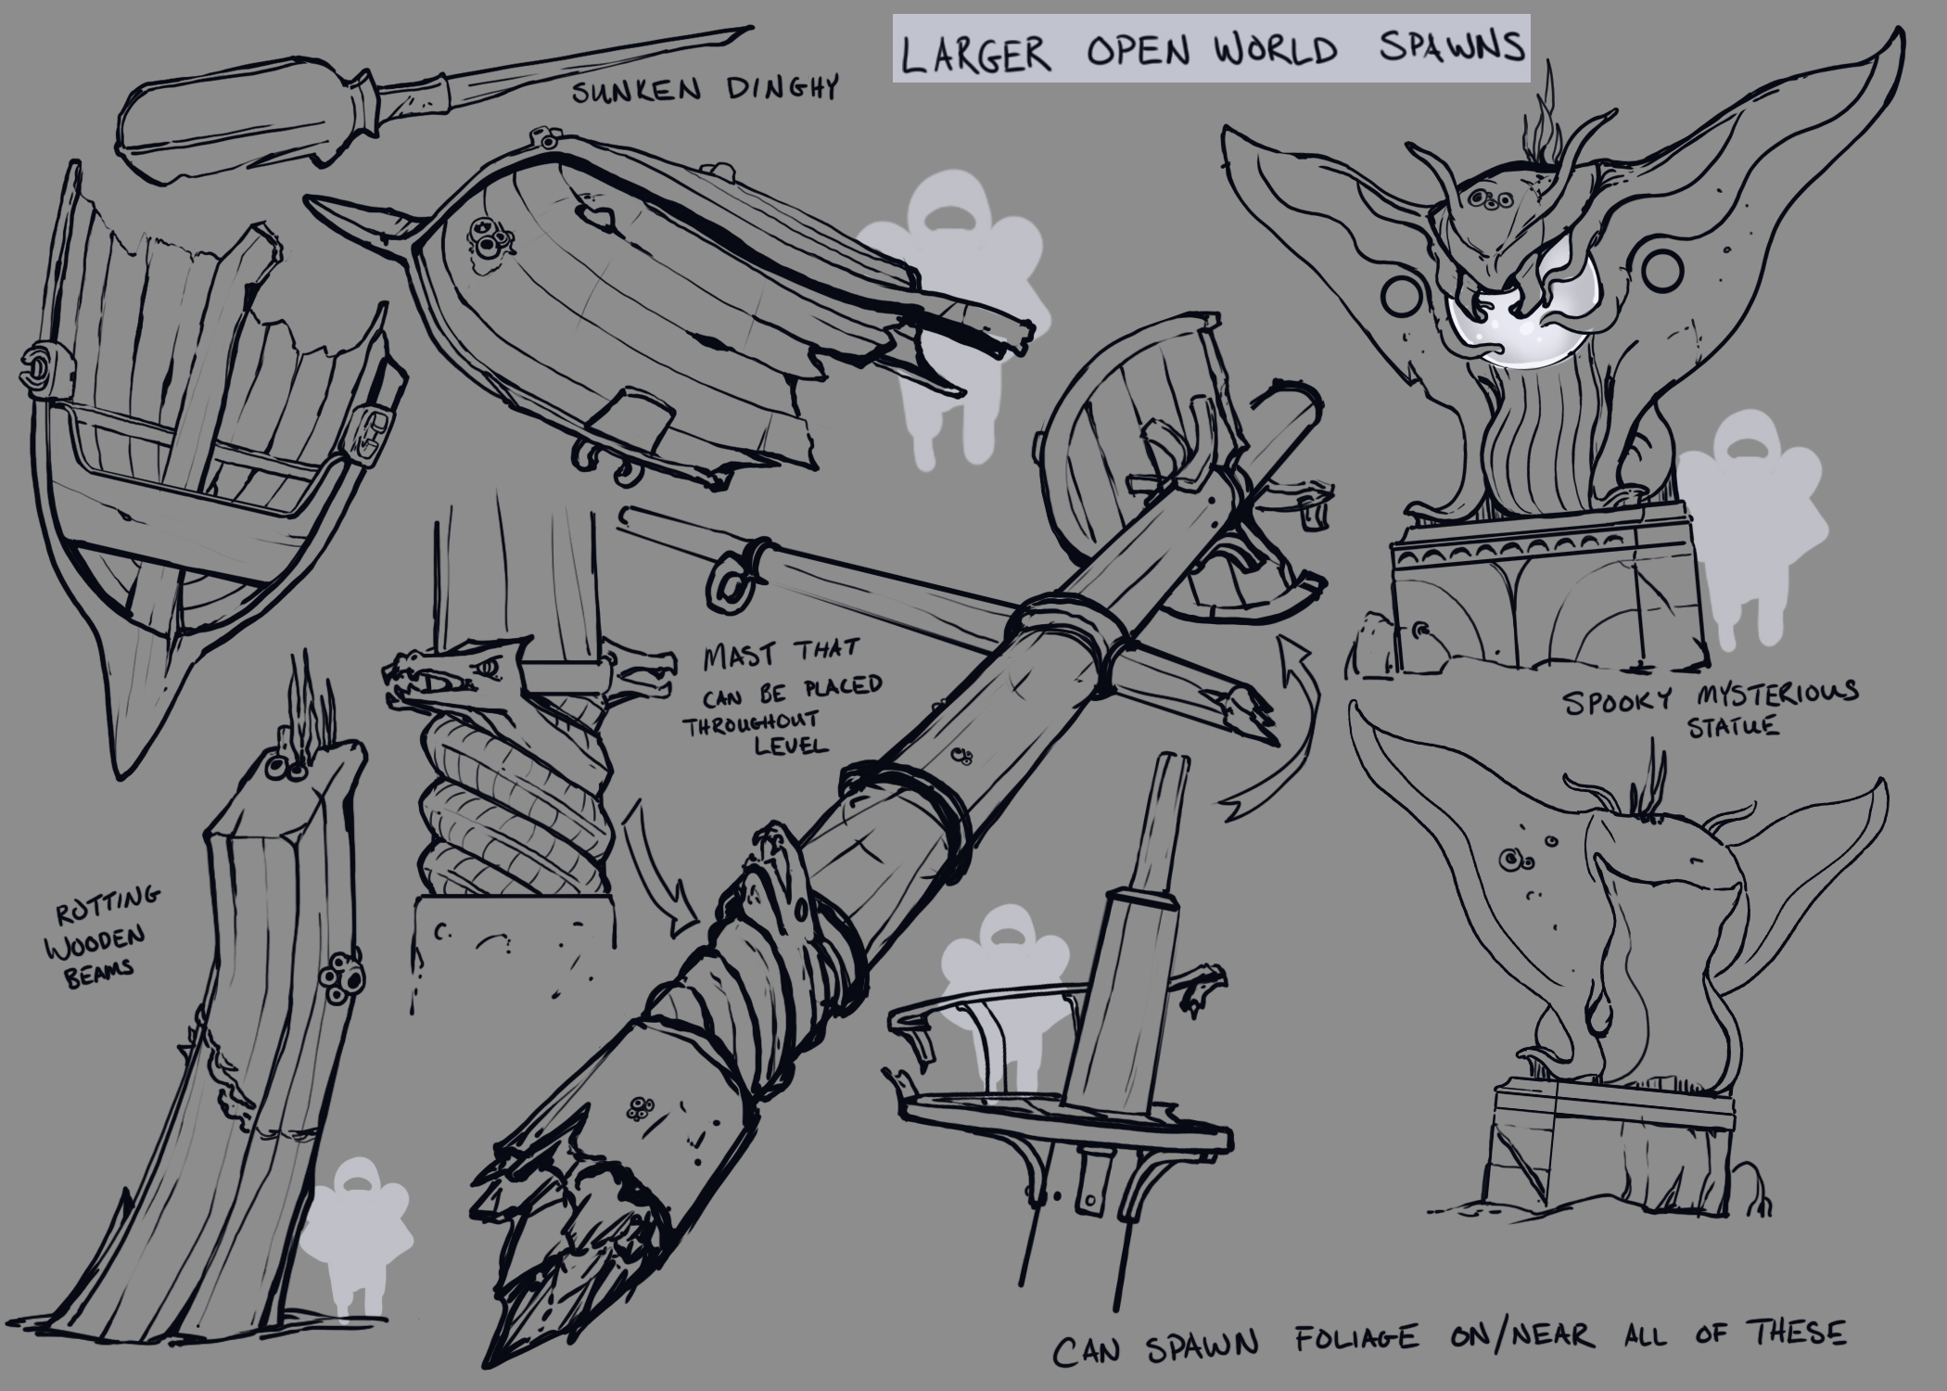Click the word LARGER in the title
pyautogui.click(x=975, y=52)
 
